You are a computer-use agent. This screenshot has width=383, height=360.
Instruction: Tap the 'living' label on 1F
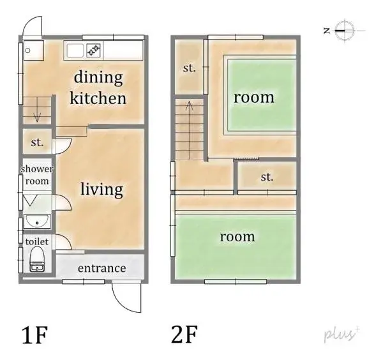[101, 189]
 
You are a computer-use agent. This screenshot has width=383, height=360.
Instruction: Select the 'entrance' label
[101, 267]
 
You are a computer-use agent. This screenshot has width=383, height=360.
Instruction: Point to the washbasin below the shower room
[37, 222]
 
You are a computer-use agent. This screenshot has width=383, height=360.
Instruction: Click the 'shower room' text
[37, 175]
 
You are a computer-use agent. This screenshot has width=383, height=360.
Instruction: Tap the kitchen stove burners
[94, 49]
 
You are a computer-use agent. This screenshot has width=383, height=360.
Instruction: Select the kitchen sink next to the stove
[75, 50]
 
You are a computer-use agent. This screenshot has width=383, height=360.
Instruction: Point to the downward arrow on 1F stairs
[36, 116]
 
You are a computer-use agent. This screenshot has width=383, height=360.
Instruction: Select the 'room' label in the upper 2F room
[253, 97]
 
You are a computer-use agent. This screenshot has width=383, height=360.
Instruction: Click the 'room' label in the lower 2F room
[237, 236]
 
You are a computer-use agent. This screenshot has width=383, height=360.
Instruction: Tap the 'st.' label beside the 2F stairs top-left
[189, 68]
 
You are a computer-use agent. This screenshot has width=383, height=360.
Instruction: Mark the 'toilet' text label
[37, 242]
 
